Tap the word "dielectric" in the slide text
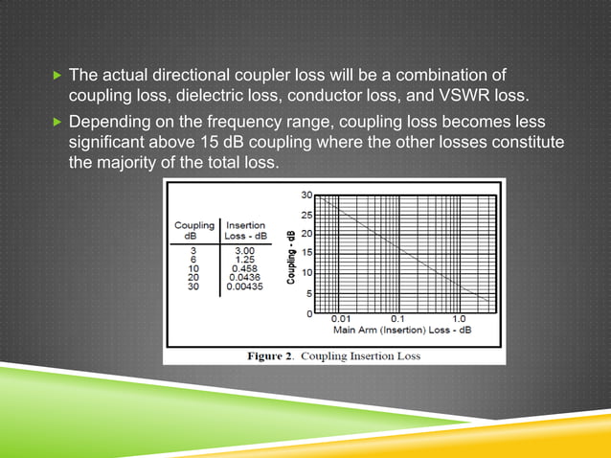coord(193,96)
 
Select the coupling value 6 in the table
coord(193,258)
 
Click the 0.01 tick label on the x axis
coord(341,319)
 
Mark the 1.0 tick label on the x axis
coord(459,319)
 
